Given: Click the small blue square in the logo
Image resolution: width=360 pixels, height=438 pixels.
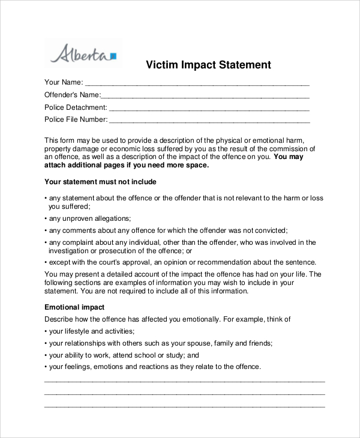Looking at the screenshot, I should coord(113,56).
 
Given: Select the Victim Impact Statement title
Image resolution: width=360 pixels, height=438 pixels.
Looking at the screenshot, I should coord(209,65).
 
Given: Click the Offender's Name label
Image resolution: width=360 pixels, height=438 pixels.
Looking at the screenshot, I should coord(72,95).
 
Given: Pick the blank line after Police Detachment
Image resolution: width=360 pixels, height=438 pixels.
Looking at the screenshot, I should coord(209,109).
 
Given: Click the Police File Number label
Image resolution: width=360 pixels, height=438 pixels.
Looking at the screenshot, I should coord(76,119).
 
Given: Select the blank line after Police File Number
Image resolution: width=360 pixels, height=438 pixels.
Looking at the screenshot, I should coord(210,121).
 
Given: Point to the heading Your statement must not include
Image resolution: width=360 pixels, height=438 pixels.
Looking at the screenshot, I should coord(100,181).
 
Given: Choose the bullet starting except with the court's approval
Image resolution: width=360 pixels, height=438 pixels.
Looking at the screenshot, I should coord(180,262).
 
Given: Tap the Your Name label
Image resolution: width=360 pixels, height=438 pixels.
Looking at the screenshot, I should coord(63,82).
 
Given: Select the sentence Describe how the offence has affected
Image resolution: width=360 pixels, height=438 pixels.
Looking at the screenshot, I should coord(168,319).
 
